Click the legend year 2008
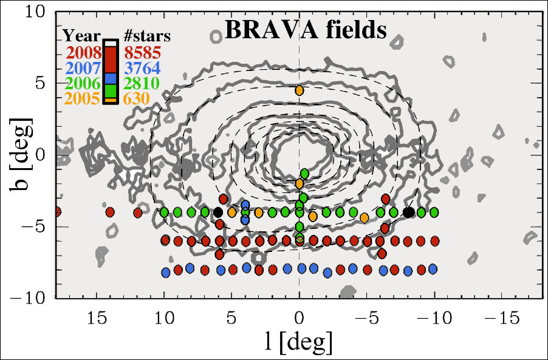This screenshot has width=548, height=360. tap(84, 52)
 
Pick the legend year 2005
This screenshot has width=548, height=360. tap(84, 98)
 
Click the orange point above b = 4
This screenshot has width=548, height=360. tap(299, 90)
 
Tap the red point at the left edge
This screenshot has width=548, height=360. tap(57, 212)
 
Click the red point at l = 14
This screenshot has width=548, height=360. tap(110, 212)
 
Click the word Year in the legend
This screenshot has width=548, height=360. tap(81, 35)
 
